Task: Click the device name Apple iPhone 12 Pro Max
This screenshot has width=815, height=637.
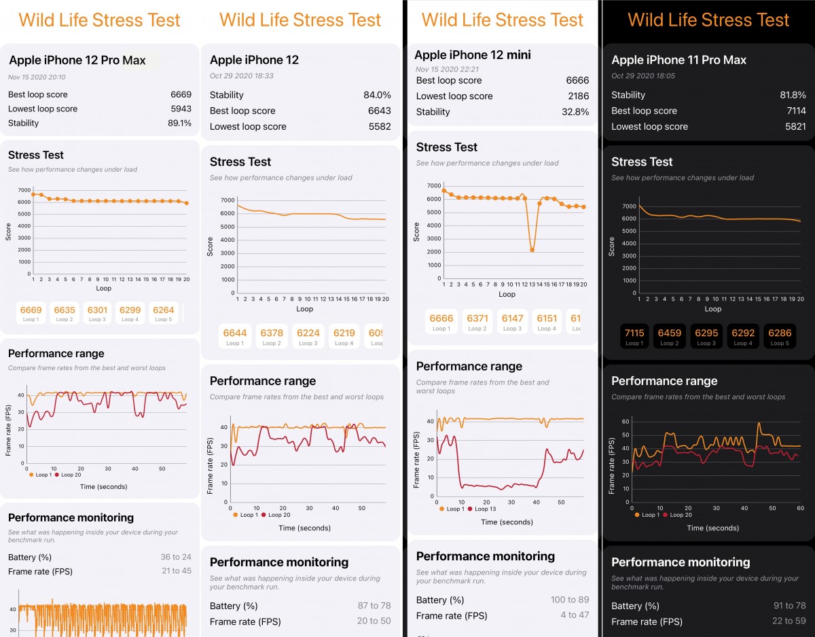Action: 77,60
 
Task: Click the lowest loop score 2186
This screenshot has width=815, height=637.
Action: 578,96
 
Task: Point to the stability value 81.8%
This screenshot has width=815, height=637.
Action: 793,95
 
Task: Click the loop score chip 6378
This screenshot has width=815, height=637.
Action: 272,337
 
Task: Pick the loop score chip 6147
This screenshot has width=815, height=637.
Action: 513,322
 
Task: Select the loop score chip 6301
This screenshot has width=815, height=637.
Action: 97,314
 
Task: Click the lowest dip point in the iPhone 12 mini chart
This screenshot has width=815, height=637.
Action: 532,250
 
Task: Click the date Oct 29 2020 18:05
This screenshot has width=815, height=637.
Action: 642,76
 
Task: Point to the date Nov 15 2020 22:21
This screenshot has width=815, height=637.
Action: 448,69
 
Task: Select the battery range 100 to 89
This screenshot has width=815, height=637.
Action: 570,600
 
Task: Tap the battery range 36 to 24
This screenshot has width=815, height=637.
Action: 176,557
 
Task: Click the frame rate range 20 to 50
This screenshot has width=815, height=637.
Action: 374,621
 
